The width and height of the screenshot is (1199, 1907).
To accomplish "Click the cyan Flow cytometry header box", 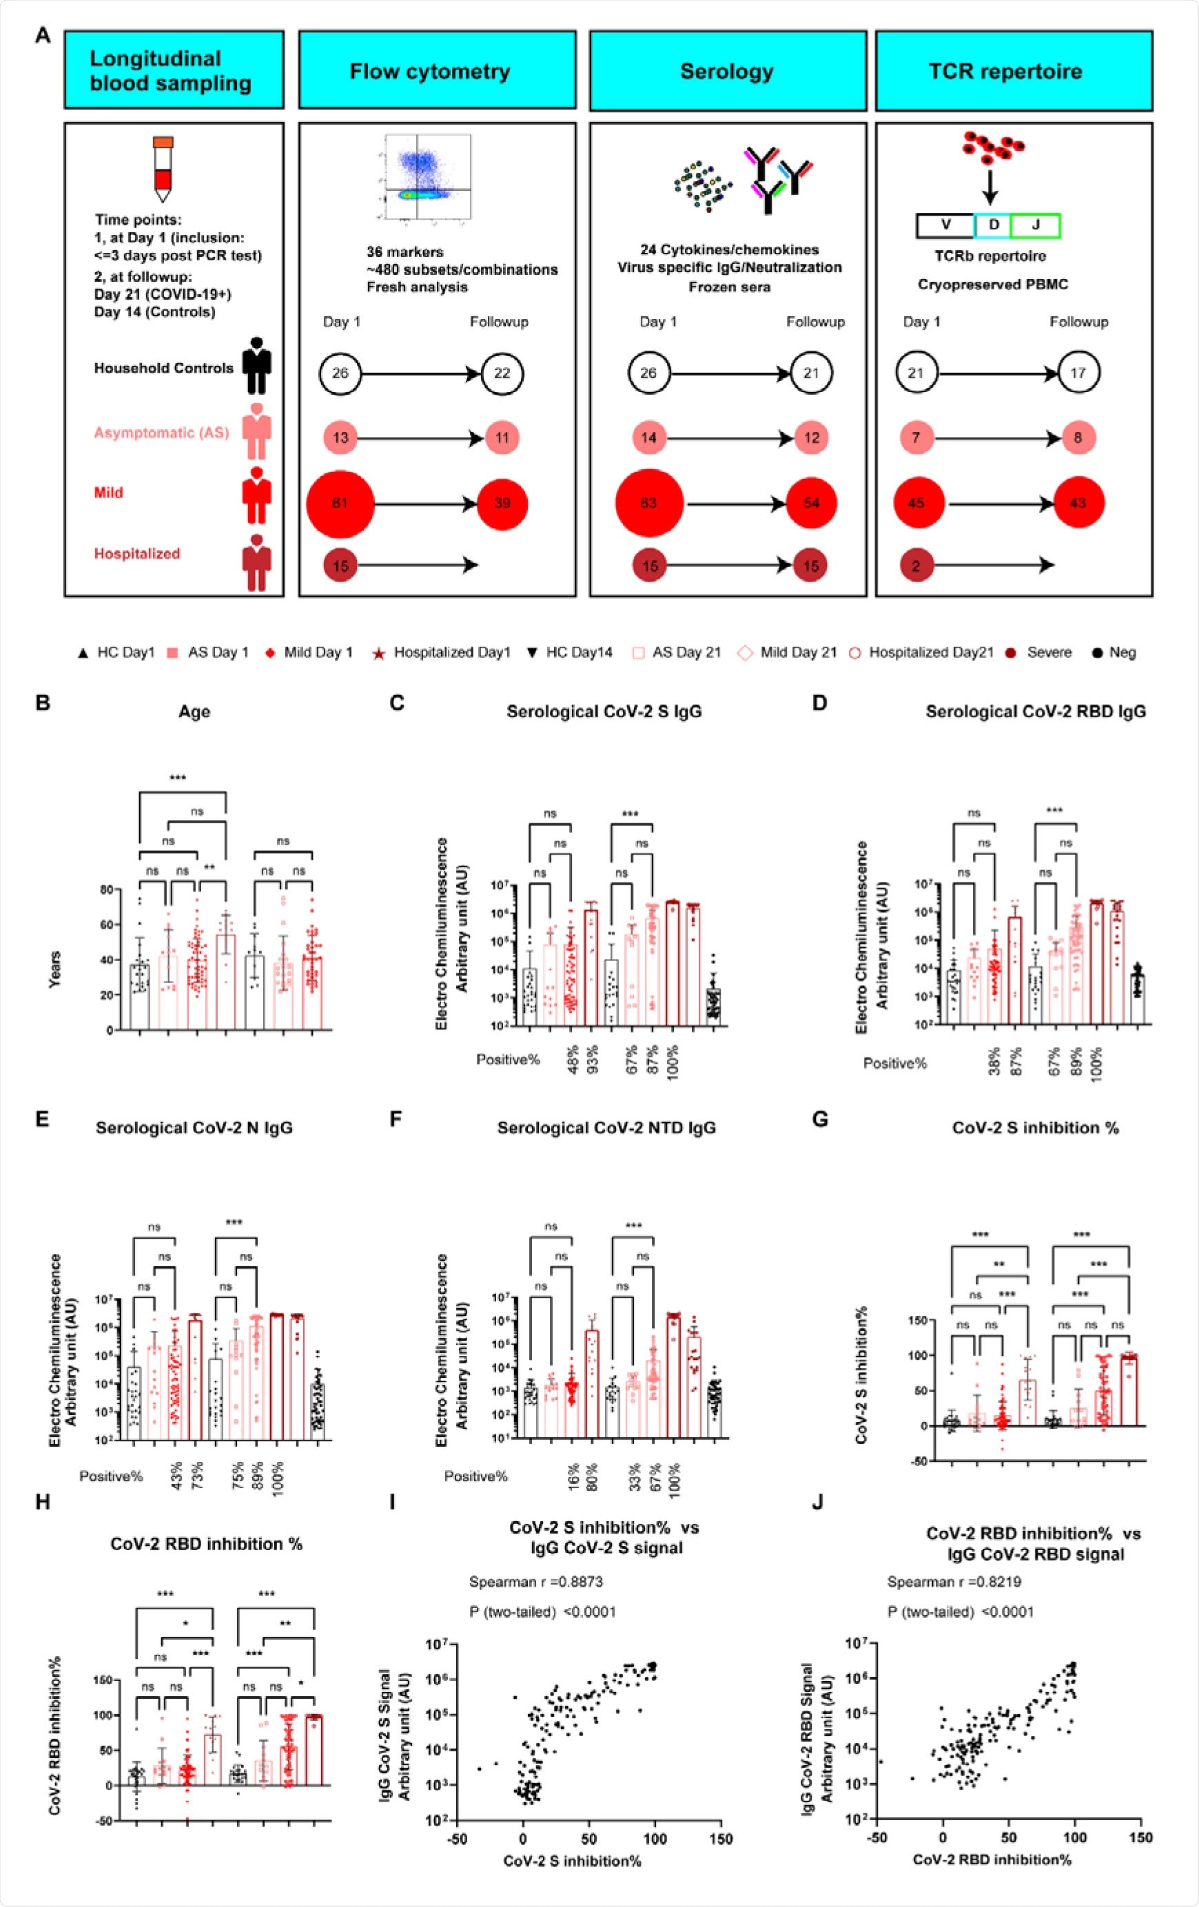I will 436,70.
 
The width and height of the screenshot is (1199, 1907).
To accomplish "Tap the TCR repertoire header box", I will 1013,70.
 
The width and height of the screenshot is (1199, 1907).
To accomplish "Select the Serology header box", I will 727,70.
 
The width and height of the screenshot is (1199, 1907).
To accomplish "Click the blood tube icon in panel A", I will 163,168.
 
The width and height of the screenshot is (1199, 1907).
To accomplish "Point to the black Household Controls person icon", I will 256,367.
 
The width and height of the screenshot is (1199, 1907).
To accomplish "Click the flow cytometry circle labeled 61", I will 340,503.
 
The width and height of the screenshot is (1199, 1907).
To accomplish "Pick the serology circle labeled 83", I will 648,503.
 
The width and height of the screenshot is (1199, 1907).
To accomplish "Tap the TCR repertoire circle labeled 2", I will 916,566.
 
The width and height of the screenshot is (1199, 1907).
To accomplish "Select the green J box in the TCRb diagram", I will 1035,225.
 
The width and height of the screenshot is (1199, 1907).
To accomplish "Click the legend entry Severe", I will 1040,652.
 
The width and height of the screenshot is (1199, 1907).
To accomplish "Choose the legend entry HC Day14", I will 572,652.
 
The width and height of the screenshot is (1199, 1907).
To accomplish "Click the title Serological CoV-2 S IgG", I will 604,711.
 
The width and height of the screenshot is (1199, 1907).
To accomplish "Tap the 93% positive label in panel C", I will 593,1059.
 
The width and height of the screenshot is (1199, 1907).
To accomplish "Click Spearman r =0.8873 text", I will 536,1583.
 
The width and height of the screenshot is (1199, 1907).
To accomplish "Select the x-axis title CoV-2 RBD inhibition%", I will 992,1859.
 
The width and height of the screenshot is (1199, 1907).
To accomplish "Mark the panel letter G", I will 821,1119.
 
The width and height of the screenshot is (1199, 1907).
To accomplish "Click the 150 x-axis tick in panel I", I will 721,1838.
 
